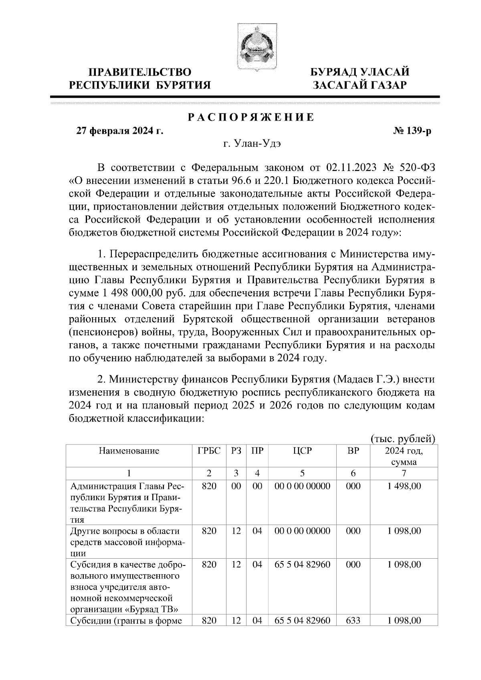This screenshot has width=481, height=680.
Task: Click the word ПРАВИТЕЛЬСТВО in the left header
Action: click(x=140, y=72)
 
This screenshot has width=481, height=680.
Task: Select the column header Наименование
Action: click(x=129, y=451)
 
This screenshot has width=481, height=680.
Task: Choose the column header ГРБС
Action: click(x=209, y=451)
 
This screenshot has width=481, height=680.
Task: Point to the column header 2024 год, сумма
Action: click(x=404, y=456)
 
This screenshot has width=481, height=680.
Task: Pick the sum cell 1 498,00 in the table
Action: click(x=404, y=486)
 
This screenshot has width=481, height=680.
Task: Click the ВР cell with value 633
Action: click(x=353, y=621)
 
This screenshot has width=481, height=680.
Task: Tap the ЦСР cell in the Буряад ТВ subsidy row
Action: click(x=302, y=565)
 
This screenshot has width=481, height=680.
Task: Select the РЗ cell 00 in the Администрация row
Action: click(x=236, y=486)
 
